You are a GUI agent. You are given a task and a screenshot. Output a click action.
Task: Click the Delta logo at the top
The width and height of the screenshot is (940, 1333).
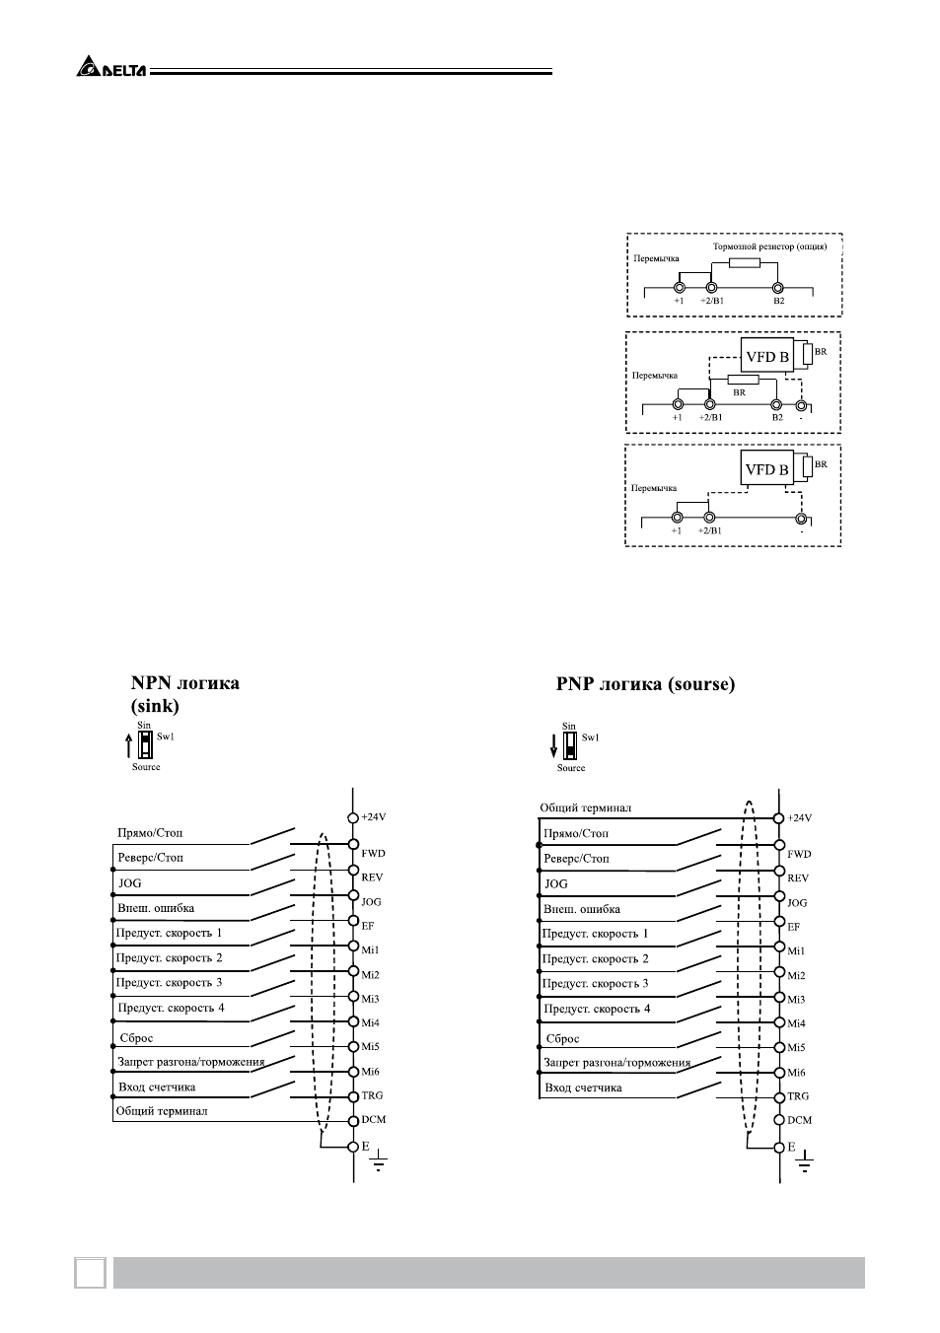click(x=111, y=66)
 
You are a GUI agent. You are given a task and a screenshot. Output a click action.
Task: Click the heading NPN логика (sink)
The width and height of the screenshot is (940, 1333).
click(x=185, y=694)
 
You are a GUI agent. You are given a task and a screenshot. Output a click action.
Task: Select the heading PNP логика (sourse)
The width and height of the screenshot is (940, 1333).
click(x=645, y=684)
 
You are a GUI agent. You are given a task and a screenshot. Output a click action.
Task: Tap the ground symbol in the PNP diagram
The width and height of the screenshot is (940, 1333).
click(x=804, y=1160)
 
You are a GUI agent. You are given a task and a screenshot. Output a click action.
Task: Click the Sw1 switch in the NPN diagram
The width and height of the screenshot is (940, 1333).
click(x=145, y=744)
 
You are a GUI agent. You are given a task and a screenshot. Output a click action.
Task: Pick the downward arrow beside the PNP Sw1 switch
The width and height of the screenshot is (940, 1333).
click(x=553, y=745)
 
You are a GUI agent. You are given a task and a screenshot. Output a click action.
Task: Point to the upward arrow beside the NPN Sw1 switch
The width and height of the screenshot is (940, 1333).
click(x=128, y=745)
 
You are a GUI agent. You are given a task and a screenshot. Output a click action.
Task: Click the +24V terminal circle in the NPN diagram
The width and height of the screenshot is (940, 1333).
click(x=353, y=817)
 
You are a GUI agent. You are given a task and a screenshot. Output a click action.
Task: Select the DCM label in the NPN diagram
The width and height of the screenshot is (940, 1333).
click(x=374, y=1119)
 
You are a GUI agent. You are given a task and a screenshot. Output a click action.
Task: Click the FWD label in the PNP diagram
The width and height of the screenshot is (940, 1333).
click(x=799, y=854)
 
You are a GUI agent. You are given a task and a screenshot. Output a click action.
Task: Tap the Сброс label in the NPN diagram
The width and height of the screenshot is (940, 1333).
click(x=136, y=1038)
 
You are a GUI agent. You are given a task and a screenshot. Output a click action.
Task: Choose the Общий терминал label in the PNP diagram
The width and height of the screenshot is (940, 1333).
click(x=585, y=807)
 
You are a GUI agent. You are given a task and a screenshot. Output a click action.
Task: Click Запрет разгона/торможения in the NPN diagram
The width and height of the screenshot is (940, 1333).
click(x=191, y=1062)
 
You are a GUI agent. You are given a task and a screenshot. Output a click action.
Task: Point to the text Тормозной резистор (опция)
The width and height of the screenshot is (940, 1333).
click(x=769, y=246)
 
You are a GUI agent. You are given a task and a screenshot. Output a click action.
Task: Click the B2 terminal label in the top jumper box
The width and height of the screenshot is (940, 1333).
click(x=778, y=301)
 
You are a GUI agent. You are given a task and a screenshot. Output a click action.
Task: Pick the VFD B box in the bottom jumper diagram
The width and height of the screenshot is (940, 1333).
click(x=766, y=468)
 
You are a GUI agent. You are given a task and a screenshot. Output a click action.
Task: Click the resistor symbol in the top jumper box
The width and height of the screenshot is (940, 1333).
click(x=744, y=263)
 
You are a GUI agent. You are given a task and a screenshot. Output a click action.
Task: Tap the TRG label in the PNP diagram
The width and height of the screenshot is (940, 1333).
click(x=798, y=1096)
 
